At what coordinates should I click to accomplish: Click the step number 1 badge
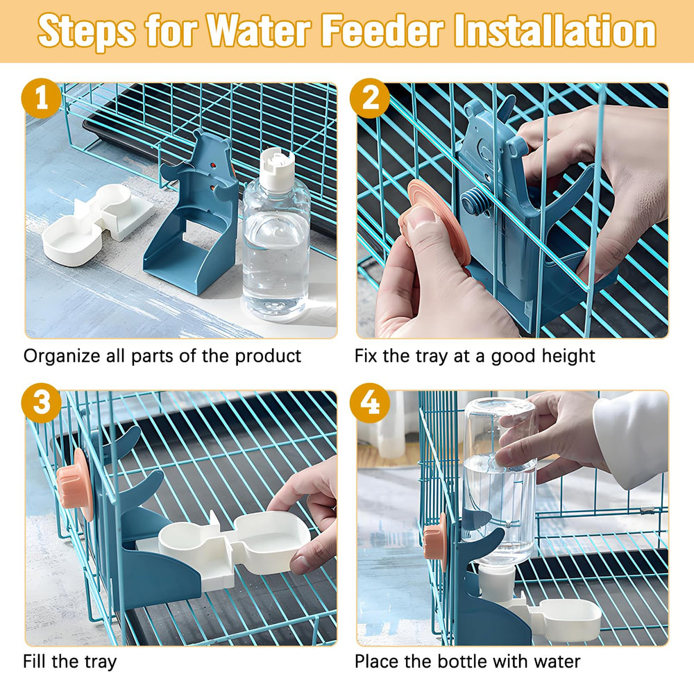coord(41,99)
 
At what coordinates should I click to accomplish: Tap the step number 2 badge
coord(370,99)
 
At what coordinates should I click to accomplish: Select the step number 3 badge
coord(41,403)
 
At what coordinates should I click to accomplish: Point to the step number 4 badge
coord(370,403)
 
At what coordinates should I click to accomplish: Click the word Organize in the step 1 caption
coord(62,357)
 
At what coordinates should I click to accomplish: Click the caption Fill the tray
coord(70,661)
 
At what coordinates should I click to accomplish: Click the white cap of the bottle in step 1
coord(277,169)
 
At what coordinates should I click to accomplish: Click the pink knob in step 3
coord(75,484)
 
